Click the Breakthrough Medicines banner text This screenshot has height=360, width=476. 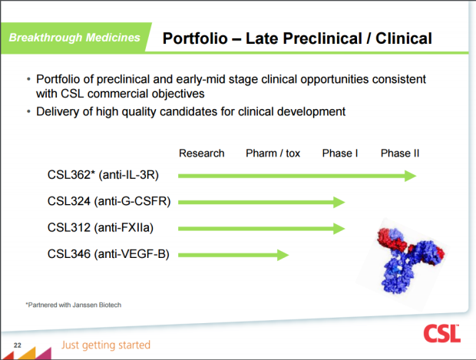pyautogui.click(x=74, y=38)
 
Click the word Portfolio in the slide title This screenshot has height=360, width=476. pyautogui.click(x=195, y=38)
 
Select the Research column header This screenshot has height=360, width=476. pyautogui.click(x=202, y=154)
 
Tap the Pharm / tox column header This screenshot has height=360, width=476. pyautogui.click(x=273, y=154)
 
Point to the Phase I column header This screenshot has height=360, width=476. pyautogui.click(x=340, y=154)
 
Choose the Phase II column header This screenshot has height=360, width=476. pyautogui.click(x=400, y=154)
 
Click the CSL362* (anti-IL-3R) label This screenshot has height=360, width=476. pyautogui.click(x=103, y=175)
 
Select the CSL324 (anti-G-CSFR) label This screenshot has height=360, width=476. pyautogui.click(x=109, y=201)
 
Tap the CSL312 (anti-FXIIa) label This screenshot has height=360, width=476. pyautogui.click(x=101, y=228)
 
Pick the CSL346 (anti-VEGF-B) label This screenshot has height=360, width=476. pyautogui.click(x=108, y=254)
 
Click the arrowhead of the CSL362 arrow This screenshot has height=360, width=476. pyautogui.click(x=411, y=176)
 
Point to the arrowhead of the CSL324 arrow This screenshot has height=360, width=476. pyautogui.click(x=339, y=202)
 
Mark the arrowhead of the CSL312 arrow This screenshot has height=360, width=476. pyautogui.click(x=339, y=229)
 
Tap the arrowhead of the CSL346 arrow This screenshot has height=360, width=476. pyautogui.click(x=283, y=255)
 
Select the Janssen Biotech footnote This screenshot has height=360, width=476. pyautogui.click(x=74, y=305)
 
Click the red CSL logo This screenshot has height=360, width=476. pyautogui.click(x=442, y=333)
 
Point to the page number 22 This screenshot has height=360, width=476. pyautogui.click(x=18, y=345)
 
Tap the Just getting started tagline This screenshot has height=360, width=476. pyautogui.click(x=106, y=345)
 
